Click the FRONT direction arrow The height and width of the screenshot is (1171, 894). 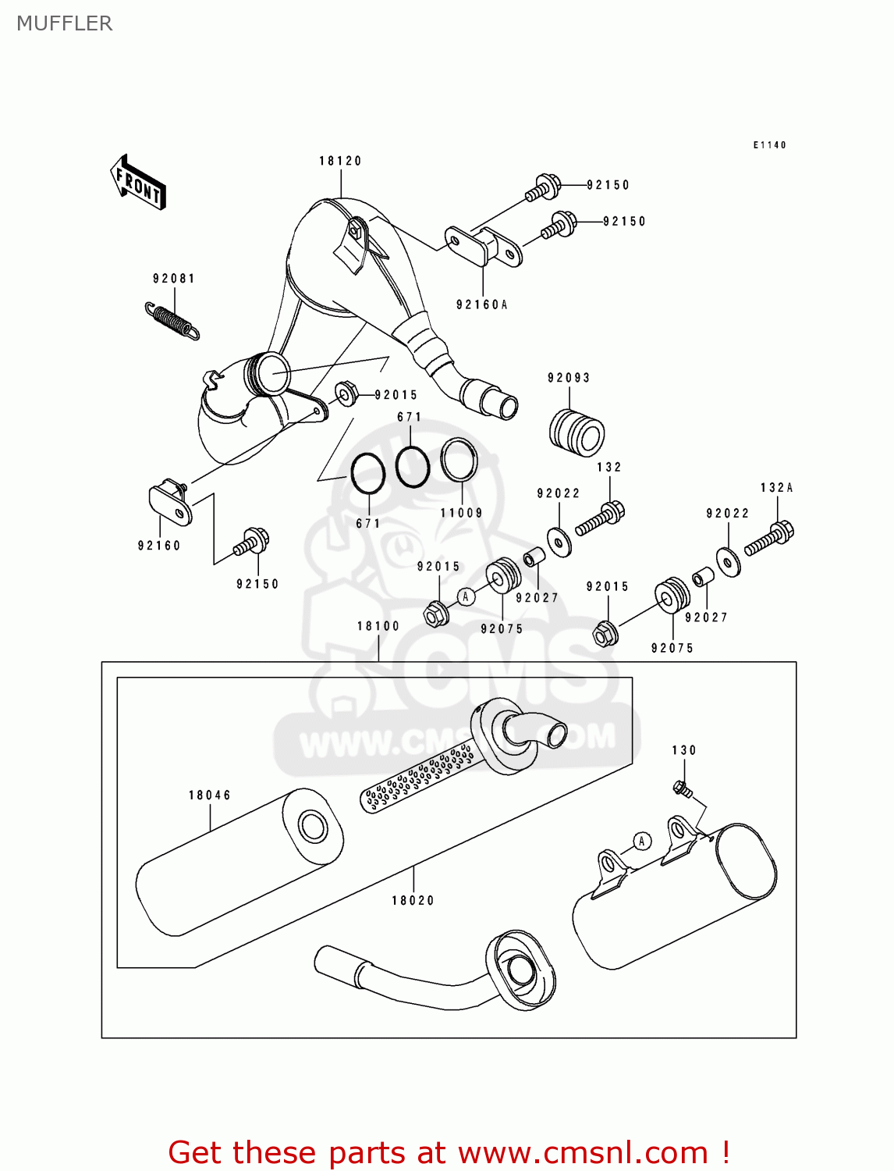pos(138,182)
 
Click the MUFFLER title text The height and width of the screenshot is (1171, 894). pos(65,23)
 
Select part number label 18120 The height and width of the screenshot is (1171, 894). pos(340,161)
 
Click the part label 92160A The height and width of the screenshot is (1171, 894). pos(481,304)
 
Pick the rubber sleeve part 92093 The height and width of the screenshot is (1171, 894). pos(577,432)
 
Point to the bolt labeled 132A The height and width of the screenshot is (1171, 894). pos(770,538)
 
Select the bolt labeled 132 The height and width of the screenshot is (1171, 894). pos(601,519)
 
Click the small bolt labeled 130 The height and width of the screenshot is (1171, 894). pos(683,789)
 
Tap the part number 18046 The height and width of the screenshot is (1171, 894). pos(209,795)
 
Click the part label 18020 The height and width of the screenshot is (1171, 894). pos(413,900)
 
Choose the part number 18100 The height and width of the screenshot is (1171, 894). pos(378,626)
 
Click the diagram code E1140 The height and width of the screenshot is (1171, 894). pos(769,145)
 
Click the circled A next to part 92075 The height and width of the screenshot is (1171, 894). pos(466,597)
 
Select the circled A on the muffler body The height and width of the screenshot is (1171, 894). pos(641,841)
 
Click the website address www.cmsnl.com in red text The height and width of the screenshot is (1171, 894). pos(582,1152)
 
